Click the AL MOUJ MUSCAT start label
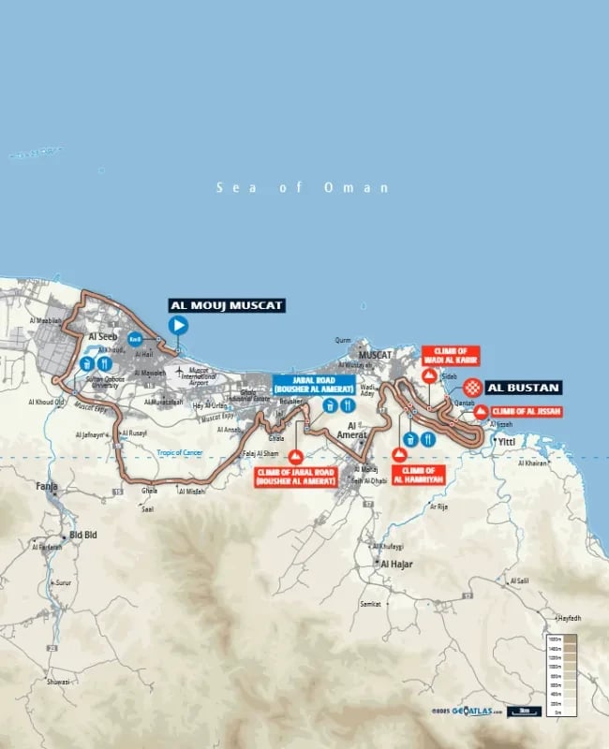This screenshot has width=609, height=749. [x=226, y=305]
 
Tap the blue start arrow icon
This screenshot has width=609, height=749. [x=178, y=325]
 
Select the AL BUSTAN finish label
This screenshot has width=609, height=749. [x=524, y=387]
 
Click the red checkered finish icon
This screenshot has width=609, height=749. [x=474, y=387]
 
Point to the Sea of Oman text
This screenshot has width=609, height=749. [x=302, y=187]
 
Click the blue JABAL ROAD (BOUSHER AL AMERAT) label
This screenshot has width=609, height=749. [x=313, y=384]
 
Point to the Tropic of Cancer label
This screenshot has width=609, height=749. [x=180, y=452]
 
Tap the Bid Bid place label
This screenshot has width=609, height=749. [x=84, y=535]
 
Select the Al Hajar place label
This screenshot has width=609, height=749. [x=396, y=565]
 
